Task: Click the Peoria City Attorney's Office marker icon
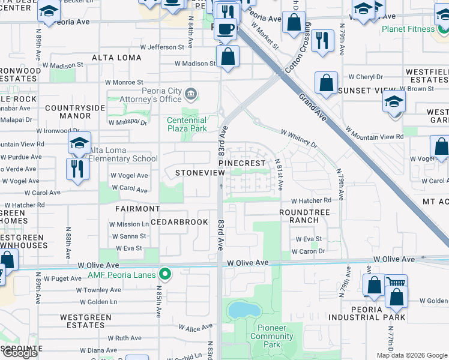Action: pyautogui.click(x=191, y=93)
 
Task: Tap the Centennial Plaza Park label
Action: pyautogui.click(x=187, y=124)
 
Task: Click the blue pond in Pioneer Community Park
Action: pyautogui.click(x=243, y=310)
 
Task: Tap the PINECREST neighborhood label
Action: pyautogui.click(x=241, y=163)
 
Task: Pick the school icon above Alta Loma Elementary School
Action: pyautogui.click(x=79, y=143)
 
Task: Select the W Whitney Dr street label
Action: pyautogui.click(x=298, y=139)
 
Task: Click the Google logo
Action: pyautogui.click(x=20, y=353)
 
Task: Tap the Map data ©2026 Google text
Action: pyautogui.click(x=411, y=355)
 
